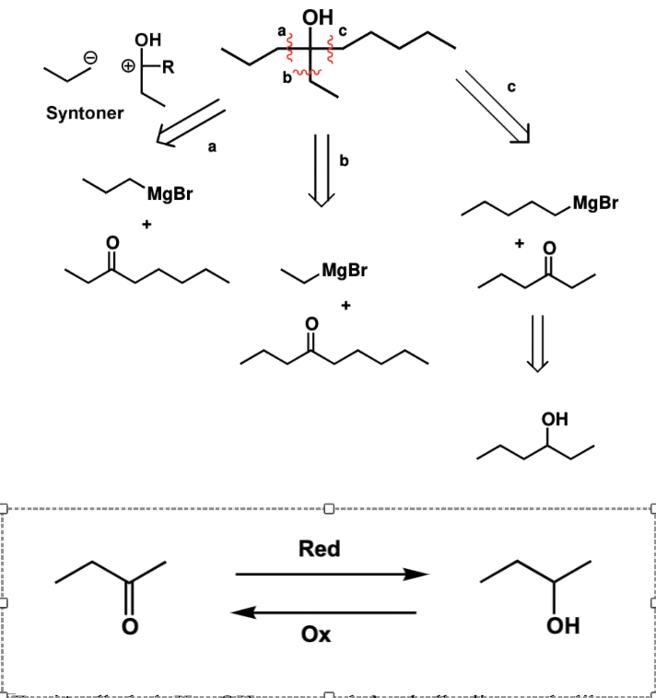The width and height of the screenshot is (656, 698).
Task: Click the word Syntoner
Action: coord(85,114)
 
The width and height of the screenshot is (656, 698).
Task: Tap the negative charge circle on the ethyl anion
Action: coord(90,58)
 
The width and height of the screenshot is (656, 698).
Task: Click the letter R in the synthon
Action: coord(169,66)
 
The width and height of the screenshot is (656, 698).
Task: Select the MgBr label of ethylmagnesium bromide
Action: coord(344,270)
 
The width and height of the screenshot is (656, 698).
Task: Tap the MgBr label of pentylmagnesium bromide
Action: coord(595,204)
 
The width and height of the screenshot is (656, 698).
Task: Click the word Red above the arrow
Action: coord(320,550)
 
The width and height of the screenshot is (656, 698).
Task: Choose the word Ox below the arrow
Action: coord(316,634)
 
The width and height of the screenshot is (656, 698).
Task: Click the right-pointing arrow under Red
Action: coord(332,575)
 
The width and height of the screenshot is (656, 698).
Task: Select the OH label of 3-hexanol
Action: coord(555,420)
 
